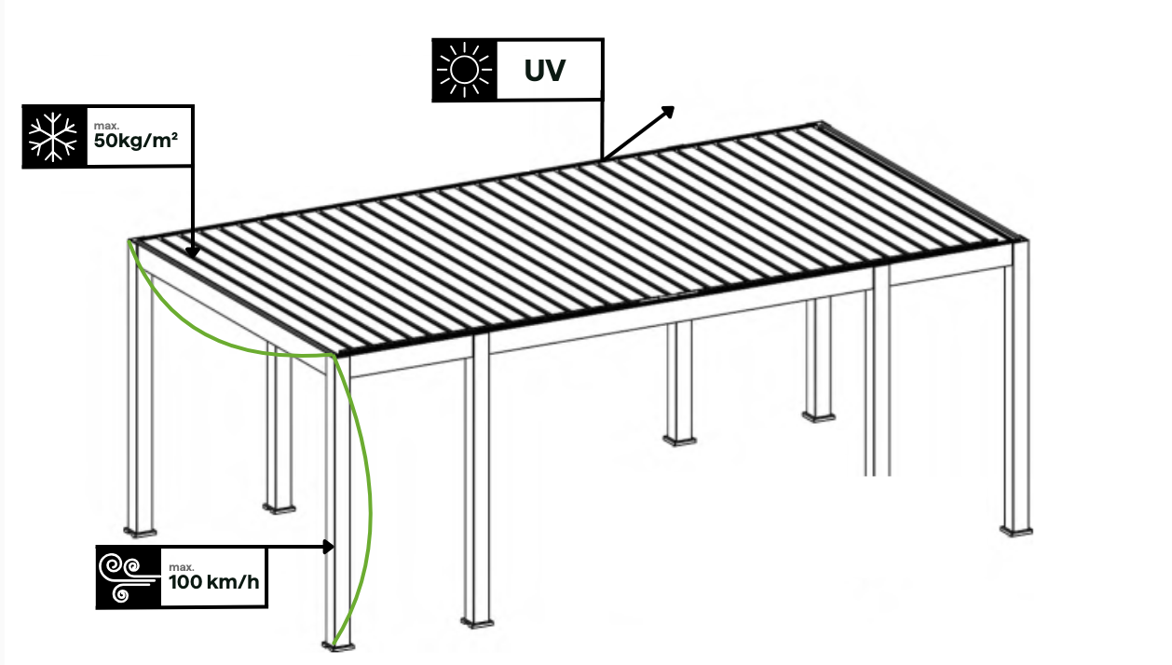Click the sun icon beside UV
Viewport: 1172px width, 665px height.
click(463, 70)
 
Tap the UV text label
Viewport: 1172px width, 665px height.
click(544, 70)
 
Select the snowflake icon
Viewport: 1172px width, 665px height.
click(54, 135)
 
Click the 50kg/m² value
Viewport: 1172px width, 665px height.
click(135, 142)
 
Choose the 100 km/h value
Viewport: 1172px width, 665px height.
click(212, 583)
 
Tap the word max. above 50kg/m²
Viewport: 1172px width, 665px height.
click(105, 125)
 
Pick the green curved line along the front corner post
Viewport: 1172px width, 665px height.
click(369, 494)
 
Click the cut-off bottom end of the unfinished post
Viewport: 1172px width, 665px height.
click(877, 473)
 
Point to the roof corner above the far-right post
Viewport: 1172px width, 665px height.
click(1021, 238)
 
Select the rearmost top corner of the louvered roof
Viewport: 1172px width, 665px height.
click(821, 124)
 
